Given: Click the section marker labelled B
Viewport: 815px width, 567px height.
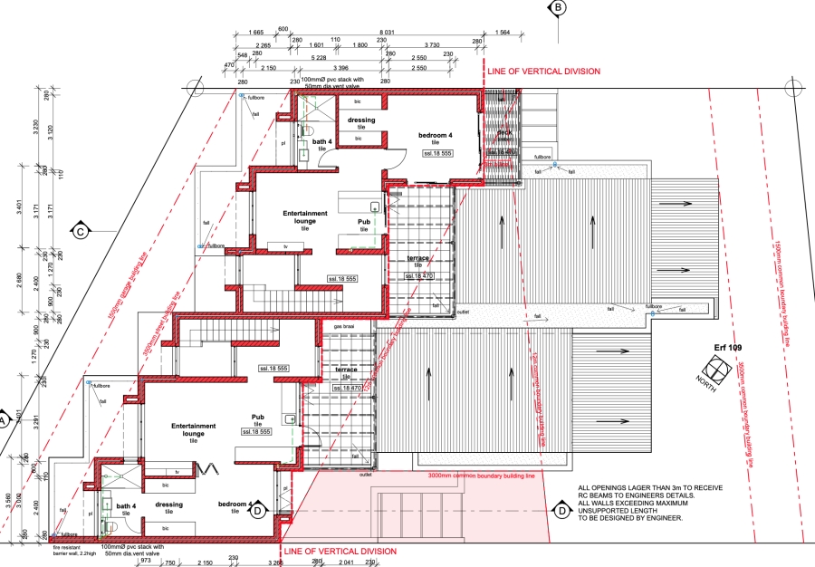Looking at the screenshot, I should point(559,7).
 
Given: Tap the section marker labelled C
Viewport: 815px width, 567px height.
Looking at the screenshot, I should point(80,231).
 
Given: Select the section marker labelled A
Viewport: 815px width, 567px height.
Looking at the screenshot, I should point(4,420).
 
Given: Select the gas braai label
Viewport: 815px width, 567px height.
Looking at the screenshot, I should point(343,326).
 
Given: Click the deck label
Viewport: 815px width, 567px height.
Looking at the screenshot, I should point(503,132).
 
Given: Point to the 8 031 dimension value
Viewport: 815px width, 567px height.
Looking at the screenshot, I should point(413,32).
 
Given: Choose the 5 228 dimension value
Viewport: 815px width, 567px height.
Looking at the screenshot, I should point(317,56).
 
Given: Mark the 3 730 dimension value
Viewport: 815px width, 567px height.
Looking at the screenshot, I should point(432,44).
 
